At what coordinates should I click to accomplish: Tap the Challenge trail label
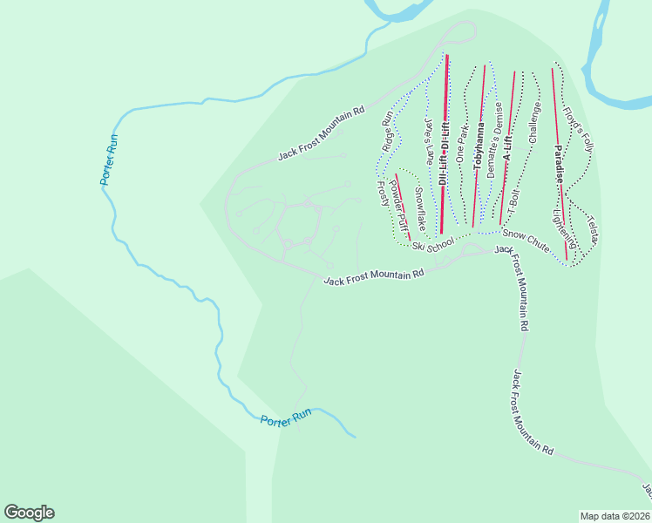pyautogui.click(x=535, y=122)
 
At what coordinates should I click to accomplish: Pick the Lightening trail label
pyautogui.click(x=565, y=226)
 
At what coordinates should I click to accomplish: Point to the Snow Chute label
pyautogui.click(x=526, y=241)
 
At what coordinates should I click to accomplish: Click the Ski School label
pyautogui.click(x=433, y=243)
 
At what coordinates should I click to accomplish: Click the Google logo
pyautogui.click(x=29, y=513)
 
